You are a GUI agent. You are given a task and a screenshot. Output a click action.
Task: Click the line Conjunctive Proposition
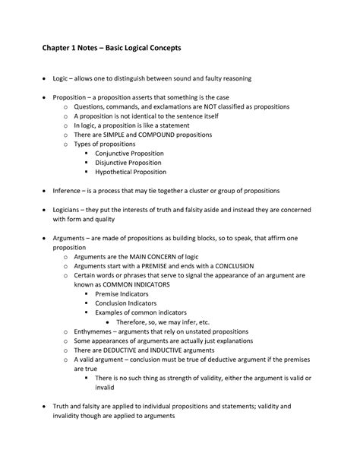click(131, 153)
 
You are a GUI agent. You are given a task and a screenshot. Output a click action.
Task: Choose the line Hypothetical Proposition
click(131, 172)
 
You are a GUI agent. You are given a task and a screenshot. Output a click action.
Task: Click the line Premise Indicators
click(122, 293)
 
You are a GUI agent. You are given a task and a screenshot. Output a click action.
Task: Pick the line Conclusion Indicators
click(126, 303)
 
